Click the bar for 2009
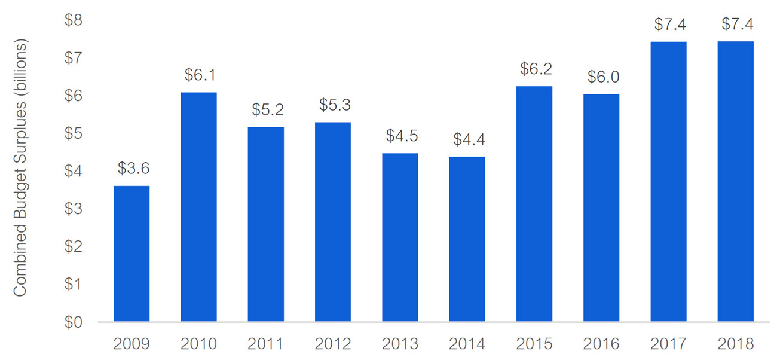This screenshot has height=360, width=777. (131, 254)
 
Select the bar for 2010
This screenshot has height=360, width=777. (198, 208)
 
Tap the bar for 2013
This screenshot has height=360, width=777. (400, 237)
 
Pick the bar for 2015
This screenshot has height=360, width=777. (534, 204)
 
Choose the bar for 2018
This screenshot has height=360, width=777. (735, 182)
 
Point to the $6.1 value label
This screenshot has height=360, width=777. (198, 75)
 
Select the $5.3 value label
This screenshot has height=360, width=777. (333, 105)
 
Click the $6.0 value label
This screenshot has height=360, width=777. (601, 77)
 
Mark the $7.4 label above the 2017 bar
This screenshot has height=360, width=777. (668, 25)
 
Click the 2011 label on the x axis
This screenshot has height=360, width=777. (266, 344)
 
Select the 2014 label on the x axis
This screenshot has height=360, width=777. (467, 344)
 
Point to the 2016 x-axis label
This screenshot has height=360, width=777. (601, 344)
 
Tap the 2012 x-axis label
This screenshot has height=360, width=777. (333, 344)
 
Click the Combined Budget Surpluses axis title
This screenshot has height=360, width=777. (20, 168)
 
